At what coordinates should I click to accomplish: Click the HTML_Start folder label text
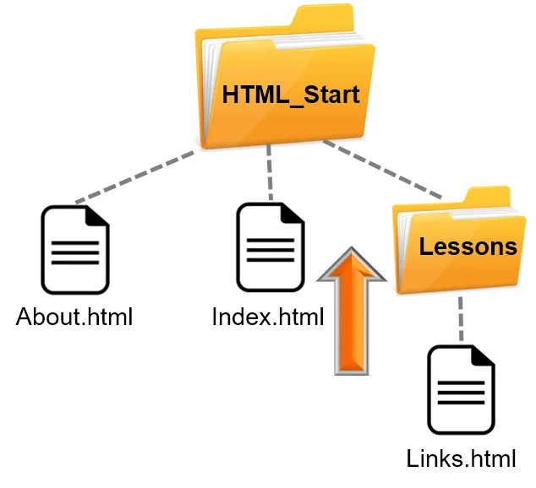[291, 95]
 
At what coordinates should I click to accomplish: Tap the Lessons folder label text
[468, 247]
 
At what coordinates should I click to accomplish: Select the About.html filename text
[75, 317]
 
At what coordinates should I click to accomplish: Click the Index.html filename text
[268, 317]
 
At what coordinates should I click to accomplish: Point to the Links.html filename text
[461, 459]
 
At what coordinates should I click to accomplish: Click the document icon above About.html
[75, 250]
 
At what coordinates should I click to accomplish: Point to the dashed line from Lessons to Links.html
[461, 319]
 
